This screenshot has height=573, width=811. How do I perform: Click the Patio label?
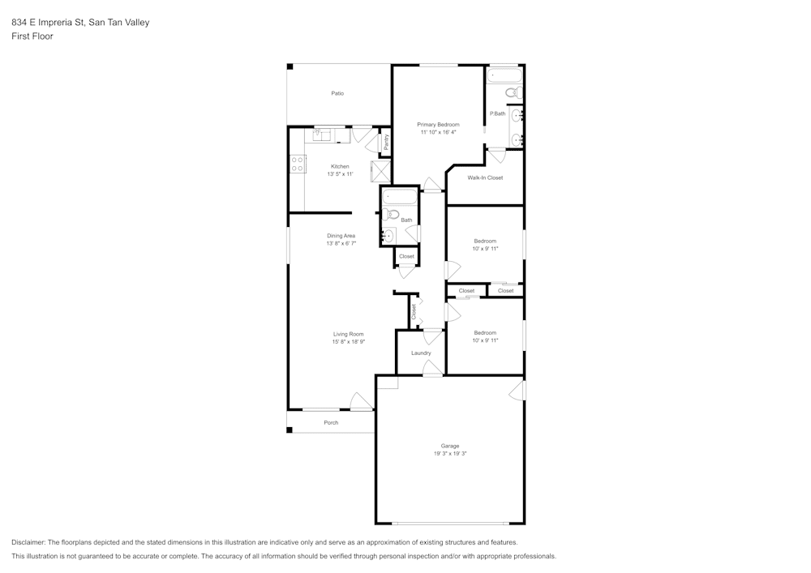coord(337,93)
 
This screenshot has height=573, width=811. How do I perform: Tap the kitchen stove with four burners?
coord(298,165)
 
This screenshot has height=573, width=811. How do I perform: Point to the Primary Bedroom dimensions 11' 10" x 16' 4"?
coord(438,132)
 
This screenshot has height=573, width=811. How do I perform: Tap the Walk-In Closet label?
coord(485,177)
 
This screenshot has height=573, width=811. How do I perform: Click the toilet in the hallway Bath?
coord(390,215)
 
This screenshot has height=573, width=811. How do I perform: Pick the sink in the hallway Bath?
coord(388,236)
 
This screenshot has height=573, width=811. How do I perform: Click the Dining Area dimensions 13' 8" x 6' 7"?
coord(341,243)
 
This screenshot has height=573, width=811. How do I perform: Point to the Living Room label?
coord(348,334)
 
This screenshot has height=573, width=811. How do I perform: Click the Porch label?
coord(331,423)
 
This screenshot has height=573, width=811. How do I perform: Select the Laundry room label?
coord(421,353)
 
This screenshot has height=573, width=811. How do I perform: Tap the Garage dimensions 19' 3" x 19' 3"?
coord(450,454)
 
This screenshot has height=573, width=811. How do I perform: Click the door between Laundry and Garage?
coord(433,370)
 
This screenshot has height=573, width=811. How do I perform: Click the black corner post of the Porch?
coord(290,430)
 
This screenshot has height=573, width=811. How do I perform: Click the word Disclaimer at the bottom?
coord(28,542)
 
